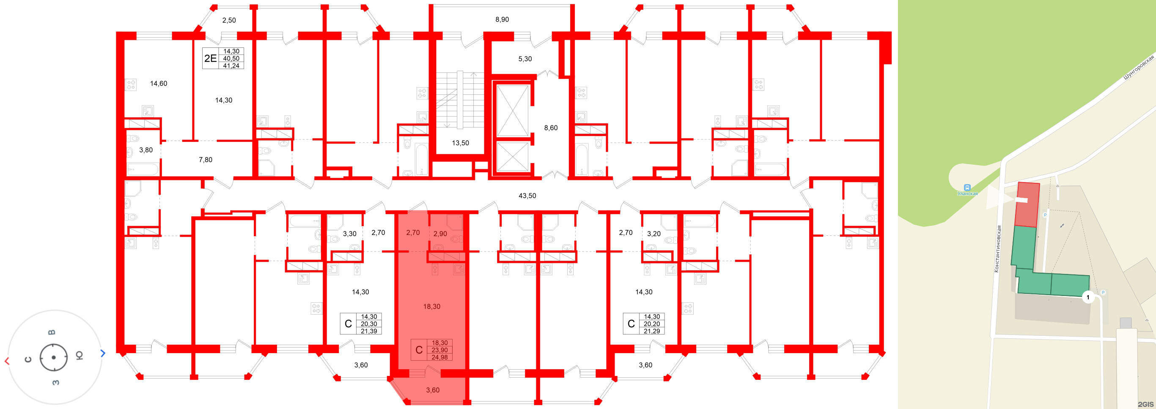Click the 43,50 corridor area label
pyautogui.click(x=527, y=196)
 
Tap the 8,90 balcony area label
pyautogui.click(x=502, y=19)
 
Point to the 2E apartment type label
pyautogui.click(x=210, y=58)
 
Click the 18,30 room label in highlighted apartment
pyautogui.click(x=431, y=307)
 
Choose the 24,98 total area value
pyautogui.click(x=439, y=357)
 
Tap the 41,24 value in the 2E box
pyautogui.click(x=231, y=66)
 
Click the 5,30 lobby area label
pyautogui.click(x=524, y=59)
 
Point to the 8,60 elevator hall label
pyautogui.click(x=551, y=128)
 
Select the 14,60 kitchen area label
pyautogui.click(x=159, y=83)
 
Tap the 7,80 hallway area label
pyautogui.click(x=205, y=160)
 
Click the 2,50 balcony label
pyautogui.click(x=229, y=20)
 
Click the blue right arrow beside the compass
pyautogui.click(x=103, y=354)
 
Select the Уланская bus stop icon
pyautogui.click(x=967, y=187)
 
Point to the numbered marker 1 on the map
pyautogui.click(x=1088, y=297)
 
